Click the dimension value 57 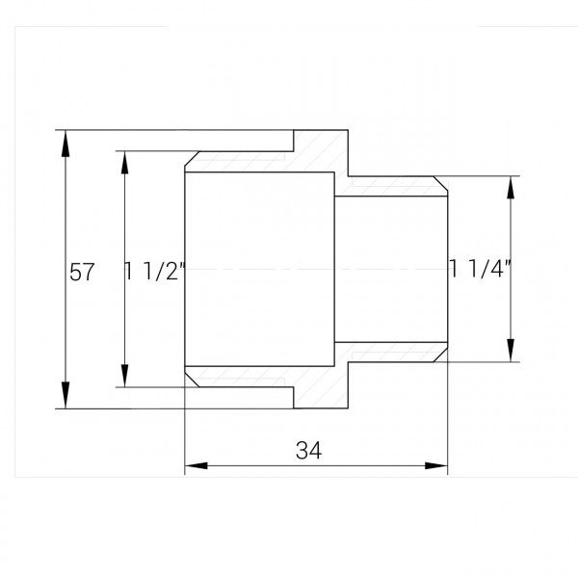point(82,273)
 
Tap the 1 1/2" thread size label point(154,273)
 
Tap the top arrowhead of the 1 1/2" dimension point(124,161)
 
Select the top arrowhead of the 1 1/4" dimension point(511,187)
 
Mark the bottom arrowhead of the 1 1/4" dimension point(511,350)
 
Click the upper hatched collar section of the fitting point(318,154)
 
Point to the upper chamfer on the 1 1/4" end point(441,183)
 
